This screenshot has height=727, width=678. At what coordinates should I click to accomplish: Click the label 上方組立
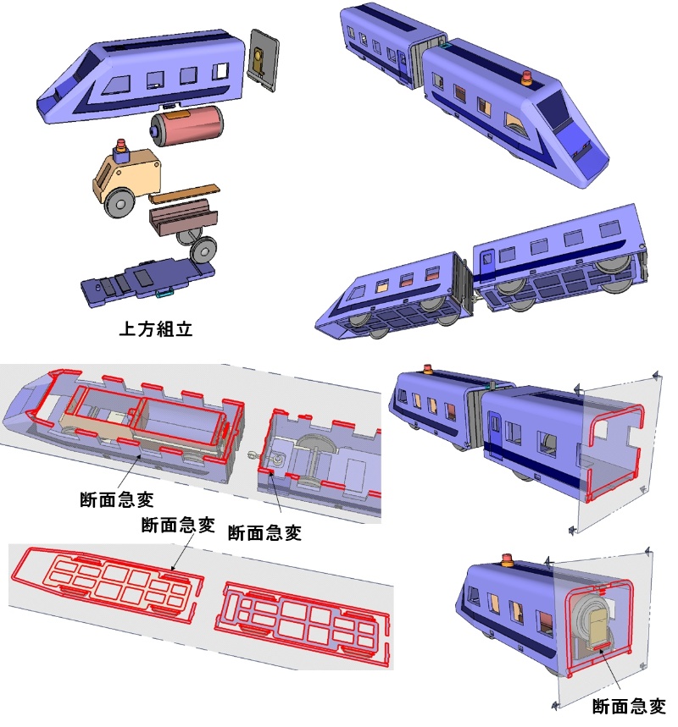click(156, 328)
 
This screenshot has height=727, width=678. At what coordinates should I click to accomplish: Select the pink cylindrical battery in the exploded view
click(186, 125)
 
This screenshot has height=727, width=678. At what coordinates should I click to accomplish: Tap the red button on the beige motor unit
click(122, 143)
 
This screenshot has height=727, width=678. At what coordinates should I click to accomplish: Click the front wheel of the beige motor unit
click(119, 203)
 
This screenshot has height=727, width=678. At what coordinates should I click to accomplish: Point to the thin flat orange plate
click(185, 193)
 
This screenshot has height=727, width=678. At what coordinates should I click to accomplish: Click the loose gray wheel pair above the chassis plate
click(197, 247)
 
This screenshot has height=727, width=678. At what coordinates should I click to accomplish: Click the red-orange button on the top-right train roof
click(527, 79)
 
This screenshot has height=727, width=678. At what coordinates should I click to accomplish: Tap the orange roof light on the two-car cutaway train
click(428, 369)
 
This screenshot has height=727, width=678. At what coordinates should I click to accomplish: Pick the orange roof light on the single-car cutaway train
click(507, 560)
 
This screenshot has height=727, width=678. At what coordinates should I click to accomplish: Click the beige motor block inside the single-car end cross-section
click(597, 629)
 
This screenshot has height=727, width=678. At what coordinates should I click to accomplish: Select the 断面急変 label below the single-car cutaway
click(629, 706)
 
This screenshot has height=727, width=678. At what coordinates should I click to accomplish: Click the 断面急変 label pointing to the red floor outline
click(178, 525)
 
